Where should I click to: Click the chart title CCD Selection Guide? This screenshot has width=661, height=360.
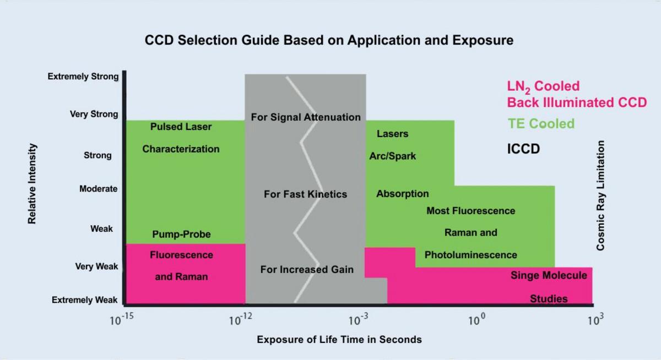coord(329,40)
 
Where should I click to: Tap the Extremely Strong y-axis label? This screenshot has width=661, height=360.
coord(83,77)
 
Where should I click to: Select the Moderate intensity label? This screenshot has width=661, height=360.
coord(98,189)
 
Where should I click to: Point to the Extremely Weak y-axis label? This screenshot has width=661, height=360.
coord(85,300)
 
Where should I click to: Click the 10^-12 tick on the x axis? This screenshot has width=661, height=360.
coord(237,320)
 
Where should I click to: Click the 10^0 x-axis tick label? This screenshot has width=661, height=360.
coord(475,320)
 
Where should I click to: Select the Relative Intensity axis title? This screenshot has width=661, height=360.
coord(32,183)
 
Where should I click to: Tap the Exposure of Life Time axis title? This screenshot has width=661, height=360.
coord(339,340)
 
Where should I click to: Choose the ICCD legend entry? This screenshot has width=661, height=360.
coord(523,149)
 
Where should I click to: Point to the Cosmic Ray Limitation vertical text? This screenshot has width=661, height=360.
coord(600,195)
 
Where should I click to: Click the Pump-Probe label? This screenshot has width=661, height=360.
coord(181,234)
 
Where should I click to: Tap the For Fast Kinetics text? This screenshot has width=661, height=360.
coord(305,194)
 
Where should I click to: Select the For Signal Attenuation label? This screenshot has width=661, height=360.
coord(306,117)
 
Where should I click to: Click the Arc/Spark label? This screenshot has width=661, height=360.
coord(392,156)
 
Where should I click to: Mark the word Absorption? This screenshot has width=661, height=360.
coord(402,194)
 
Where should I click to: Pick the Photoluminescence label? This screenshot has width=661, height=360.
coord(470,255)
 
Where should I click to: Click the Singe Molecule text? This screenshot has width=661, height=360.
coord(549,275)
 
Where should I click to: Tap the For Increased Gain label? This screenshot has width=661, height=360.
coord(307,270)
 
